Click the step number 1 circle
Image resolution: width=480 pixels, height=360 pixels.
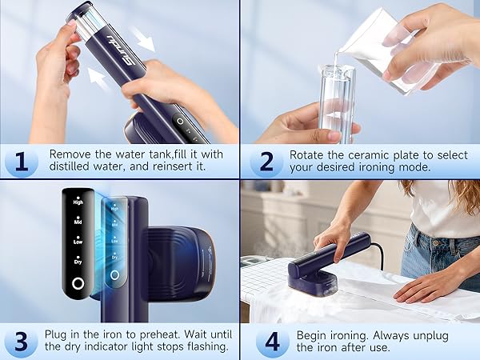[x=22, y=162]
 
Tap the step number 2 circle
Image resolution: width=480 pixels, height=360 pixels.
[x=266, y=162]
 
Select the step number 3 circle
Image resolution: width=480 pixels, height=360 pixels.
[x=21, y=342]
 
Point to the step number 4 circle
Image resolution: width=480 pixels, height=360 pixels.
[x=273, y=342]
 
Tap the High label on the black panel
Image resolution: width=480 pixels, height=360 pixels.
[x=78, y=202]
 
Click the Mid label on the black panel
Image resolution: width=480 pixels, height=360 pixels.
[x=78, y=222]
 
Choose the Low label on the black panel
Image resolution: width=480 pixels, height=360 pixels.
[x=78, y=242]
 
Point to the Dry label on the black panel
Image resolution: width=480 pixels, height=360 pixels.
[x=78, y=262]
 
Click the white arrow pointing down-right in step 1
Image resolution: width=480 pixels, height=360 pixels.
[x=143, y=39]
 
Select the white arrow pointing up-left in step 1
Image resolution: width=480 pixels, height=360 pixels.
[x=100, y=80]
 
